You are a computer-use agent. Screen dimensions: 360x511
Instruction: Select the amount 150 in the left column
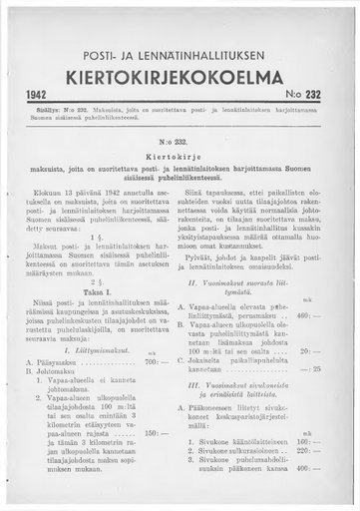click(155, 460)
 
